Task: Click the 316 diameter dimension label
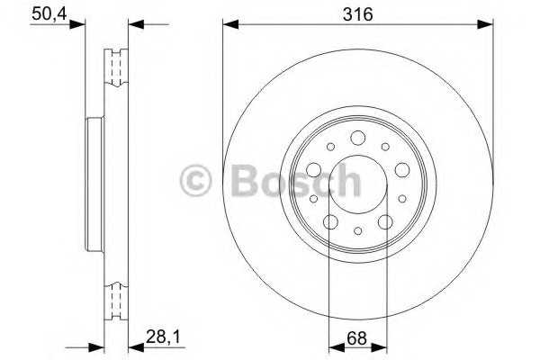358,14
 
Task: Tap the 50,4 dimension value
49,14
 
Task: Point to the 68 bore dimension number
356,338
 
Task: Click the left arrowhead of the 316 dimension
230,24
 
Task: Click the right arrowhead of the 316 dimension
485,24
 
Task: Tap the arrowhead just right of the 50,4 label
77,24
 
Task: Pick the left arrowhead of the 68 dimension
337,348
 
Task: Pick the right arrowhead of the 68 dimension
379,348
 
